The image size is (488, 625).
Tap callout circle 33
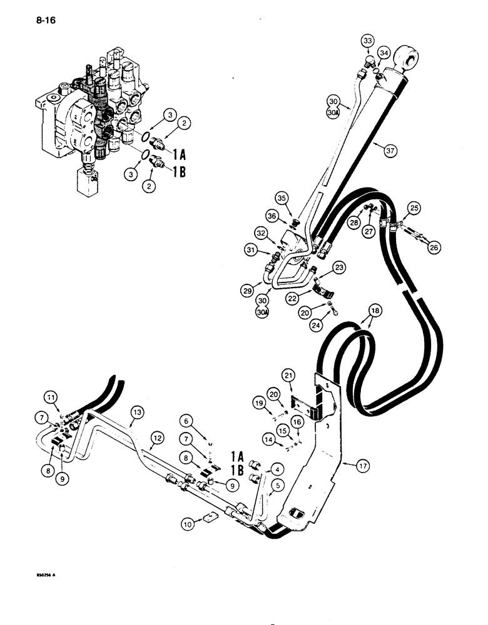[368, 42]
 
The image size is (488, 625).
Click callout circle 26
[433, 247]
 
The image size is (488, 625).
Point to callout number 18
[374, 310]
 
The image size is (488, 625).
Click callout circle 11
[50, 396]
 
